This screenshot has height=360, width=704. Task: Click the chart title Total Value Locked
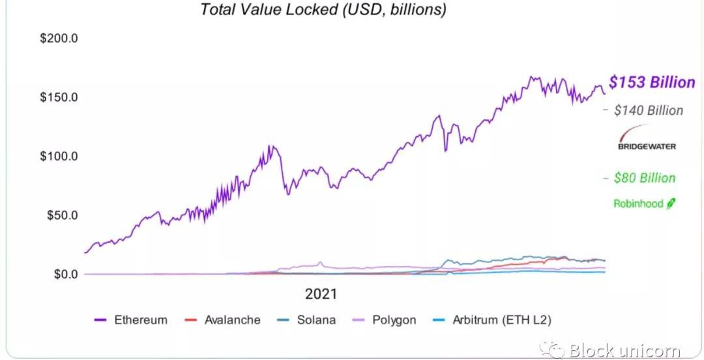(323, 10)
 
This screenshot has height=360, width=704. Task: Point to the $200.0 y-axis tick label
(59, 38)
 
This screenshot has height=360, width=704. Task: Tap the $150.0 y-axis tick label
(59, 97)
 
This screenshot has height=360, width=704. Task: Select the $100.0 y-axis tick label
(59, 157)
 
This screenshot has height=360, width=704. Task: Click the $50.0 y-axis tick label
(62, 215)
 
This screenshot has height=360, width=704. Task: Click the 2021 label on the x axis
(321, 294)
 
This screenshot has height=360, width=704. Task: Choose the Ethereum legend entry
(141, 320)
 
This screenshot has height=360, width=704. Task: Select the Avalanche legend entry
(232, 320)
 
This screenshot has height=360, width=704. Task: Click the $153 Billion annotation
(652, 82)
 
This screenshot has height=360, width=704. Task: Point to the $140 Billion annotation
(649, 111)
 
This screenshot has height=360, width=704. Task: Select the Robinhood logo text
(638, 203)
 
